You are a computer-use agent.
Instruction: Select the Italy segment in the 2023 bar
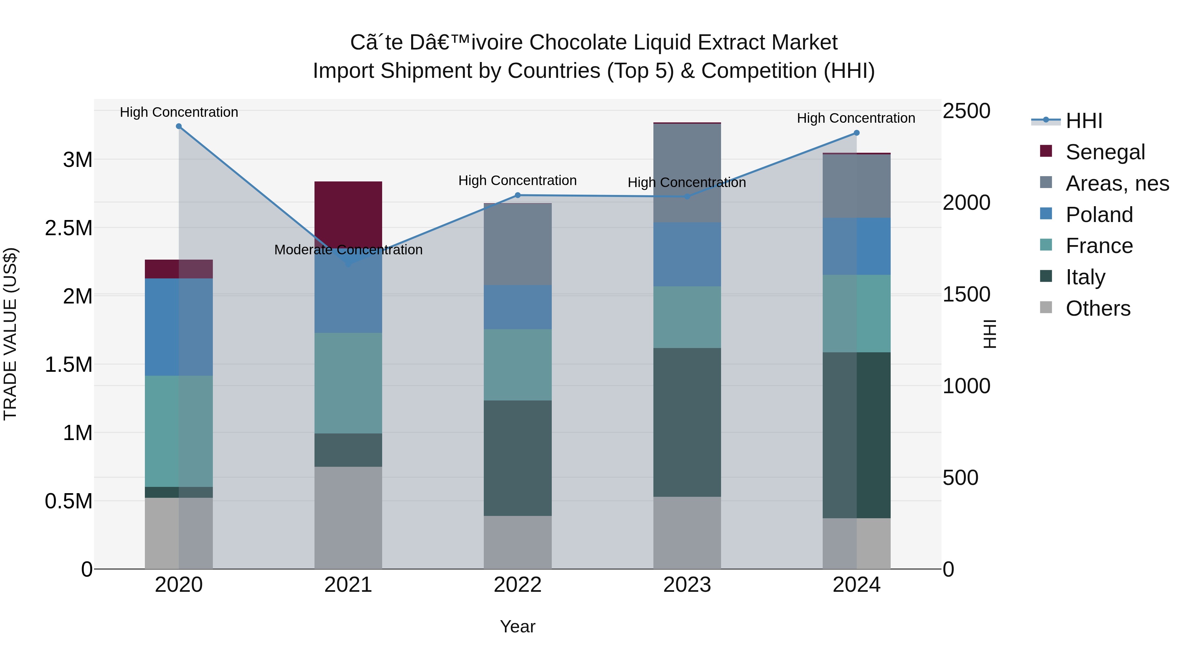click(x=687, y=422)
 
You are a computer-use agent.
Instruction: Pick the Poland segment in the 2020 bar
click(x=179, y=327)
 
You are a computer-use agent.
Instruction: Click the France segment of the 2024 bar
click(x=856, y=313)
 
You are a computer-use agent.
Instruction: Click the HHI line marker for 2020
click(x=179, y=126)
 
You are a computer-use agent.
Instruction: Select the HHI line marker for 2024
click(x=856, y=133)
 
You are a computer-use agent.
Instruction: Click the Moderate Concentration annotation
click(x=348, y=250)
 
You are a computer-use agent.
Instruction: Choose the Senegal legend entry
click(x=1105, y=152)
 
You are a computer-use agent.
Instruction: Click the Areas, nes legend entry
click(x=1117, y=183)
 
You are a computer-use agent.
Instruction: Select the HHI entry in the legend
click(x=1084, y=121)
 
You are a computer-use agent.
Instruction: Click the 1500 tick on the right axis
click(x=966, y=295)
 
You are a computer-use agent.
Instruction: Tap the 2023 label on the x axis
click(x=687, y=585)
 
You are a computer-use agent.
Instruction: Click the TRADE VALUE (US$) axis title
click(x=10, y=334)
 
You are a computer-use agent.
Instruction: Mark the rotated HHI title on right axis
click(x=990, y=334)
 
